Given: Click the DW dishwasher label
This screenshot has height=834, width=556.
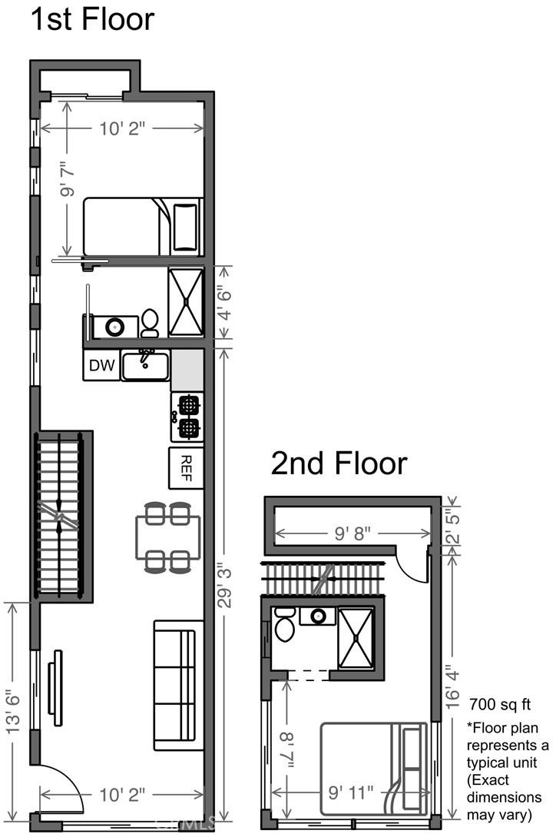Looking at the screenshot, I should [101, 366].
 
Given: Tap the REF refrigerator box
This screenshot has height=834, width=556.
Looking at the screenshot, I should [186, 467].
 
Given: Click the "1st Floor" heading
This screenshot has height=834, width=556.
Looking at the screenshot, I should [92, 19].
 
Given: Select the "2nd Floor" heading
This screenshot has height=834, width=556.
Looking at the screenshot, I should [338, 464].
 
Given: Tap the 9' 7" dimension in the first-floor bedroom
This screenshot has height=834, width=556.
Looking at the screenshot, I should [68, 179].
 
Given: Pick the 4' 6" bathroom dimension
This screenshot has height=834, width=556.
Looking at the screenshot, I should [223, 302].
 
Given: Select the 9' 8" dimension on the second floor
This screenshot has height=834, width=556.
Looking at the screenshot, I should [351, 532].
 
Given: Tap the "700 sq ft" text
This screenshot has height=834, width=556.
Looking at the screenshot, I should [499, 703].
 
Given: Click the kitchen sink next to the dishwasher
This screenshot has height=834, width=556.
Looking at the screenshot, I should [146, 364].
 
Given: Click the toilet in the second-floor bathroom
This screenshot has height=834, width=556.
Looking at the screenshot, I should [285, 625].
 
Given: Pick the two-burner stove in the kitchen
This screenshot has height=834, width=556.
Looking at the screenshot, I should [187, 417].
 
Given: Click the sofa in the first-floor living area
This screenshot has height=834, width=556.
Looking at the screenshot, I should [178, 686].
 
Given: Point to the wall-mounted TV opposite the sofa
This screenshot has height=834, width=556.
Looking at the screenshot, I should [56, 688].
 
